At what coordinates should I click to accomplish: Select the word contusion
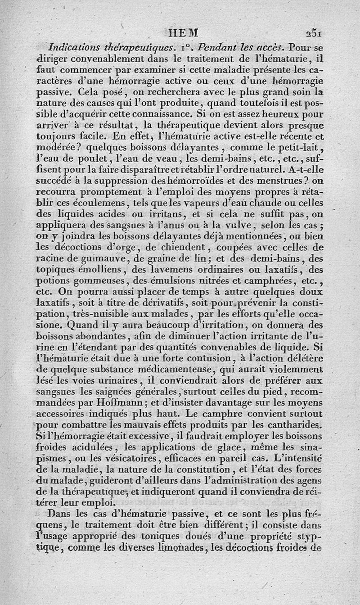[203, 358]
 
